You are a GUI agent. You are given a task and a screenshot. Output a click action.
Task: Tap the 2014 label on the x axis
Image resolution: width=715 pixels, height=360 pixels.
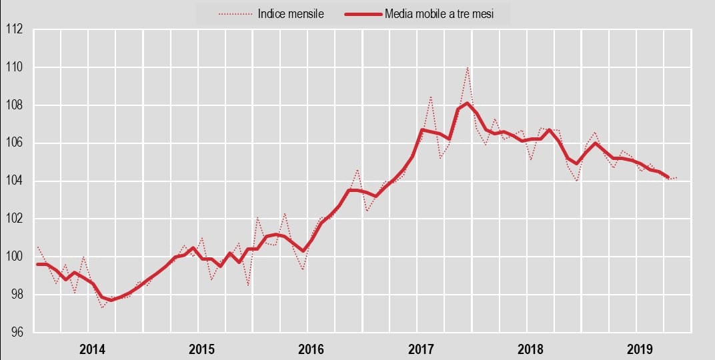(x=92, y=349)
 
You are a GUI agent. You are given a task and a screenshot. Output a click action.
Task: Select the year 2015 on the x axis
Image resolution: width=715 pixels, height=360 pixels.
(x=201, y=349)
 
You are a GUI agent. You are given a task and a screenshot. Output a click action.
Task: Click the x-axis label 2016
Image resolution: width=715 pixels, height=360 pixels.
(x=311, y=349)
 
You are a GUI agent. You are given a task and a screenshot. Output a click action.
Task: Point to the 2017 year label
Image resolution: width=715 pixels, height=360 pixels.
(x=420, y=349)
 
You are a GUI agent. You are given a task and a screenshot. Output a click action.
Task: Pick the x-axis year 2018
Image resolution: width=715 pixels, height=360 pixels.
(x=530, y=349)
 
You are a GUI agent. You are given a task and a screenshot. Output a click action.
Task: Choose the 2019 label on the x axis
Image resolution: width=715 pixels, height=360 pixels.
(x=639, y=349)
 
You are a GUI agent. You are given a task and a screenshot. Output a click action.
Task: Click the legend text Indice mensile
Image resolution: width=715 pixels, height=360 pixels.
(x=291, y=13)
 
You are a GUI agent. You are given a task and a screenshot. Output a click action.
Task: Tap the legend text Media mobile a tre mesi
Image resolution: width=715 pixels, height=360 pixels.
(x=439, y=13)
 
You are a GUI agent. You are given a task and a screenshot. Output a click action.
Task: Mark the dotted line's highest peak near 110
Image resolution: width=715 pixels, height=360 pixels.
(x=468, y=67)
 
